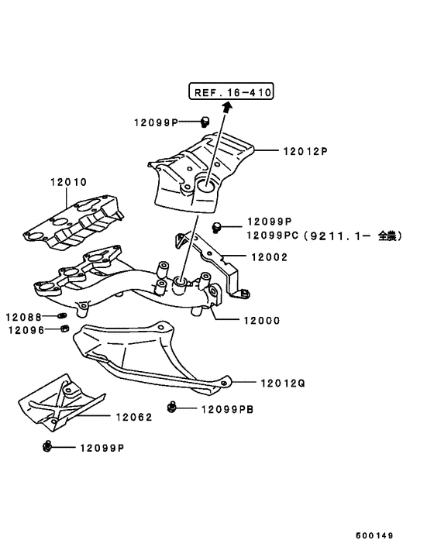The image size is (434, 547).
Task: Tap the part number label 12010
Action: [x=69, y=183]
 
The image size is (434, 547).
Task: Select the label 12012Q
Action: [x=284, y=382]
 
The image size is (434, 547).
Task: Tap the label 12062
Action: [x=134, y=416]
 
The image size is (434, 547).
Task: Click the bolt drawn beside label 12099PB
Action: [x=172, y=407]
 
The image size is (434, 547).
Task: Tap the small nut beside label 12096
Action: [x=64, y=330]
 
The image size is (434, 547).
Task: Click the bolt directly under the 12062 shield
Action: [x=48, y=447]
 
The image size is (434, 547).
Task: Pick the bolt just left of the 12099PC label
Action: [x=217, y=225]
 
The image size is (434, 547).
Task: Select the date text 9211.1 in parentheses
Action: [x=329, y=236]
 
